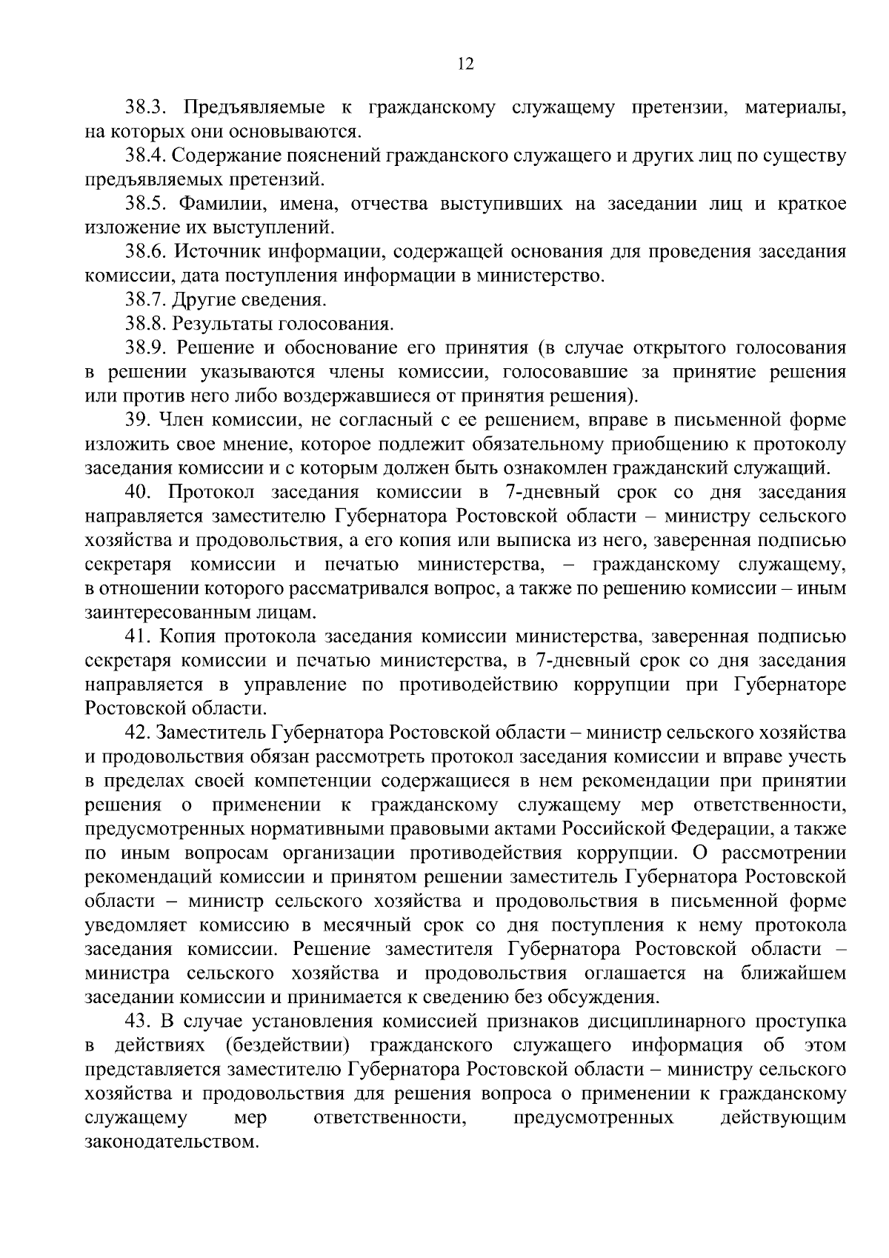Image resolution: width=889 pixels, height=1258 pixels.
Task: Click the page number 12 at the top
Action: (x=465, y=64)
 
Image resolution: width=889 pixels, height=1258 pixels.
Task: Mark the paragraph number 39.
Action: (x=139, y=420)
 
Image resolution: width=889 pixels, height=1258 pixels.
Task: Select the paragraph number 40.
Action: (x=139, y=493)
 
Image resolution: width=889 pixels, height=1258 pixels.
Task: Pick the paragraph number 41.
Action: (x=139, y=636)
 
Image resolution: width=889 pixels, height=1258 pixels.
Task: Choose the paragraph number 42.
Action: (x=139, y=733)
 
